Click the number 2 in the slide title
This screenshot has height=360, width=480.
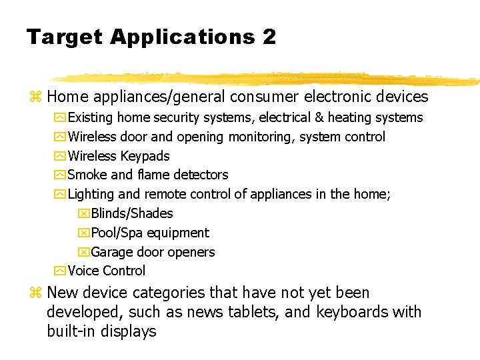(269, 37)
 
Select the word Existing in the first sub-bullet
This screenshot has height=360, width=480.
(91, 118)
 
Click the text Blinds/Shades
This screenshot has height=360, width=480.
(131, 213)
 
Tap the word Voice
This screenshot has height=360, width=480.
(83, 271)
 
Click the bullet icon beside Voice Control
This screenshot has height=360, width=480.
(60, 271)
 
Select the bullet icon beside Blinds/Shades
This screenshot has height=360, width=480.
(83, 213)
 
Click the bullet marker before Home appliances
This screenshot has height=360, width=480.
(36, 97)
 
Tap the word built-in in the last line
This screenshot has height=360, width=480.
(71, 331)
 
